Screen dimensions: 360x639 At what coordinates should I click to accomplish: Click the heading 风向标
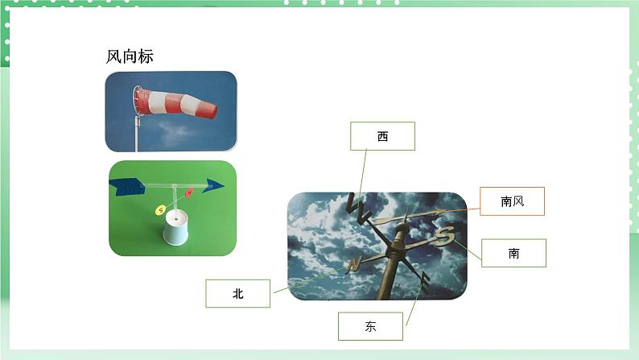click(x=130, y=57)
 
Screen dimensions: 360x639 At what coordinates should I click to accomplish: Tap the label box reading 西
click(x=382, y=136)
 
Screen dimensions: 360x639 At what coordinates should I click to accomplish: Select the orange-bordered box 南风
click(x=512, y=201)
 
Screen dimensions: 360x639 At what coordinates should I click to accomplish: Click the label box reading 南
click(x=513, y=253)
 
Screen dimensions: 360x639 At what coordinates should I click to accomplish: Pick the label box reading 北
click(x=237, y=294)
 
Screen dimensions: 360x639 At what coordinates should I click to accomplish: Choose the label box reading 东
click(x=370, y=326)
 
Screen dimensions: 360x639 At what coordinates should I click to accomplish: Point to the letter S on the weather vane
click(x=445, y=235)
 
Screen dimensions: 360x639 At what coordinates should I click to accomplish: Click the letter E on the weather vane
click(x=424, y=278)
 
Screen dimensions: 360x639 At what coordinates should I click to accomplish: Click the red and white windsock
click(x=175, y=102)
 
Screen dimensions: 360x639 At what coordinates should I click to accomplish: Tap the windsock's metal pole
click(x=137, y=133)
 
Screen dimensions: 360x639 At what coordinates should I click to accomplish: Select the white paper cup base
click(x=175, y=229)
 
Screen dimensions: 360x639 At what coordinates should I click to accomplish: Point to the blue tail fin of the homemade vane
click(x=126, y=186)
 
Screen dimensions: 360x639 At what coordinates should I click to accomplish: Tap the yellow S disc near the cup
click(x=160, y=210)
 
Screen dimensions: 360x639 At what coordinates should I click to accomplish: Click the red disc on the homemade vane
click(x=189, y=193)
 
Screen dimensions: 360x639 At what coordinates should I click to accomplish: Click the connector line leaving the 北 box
click(x=306, y=281)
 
